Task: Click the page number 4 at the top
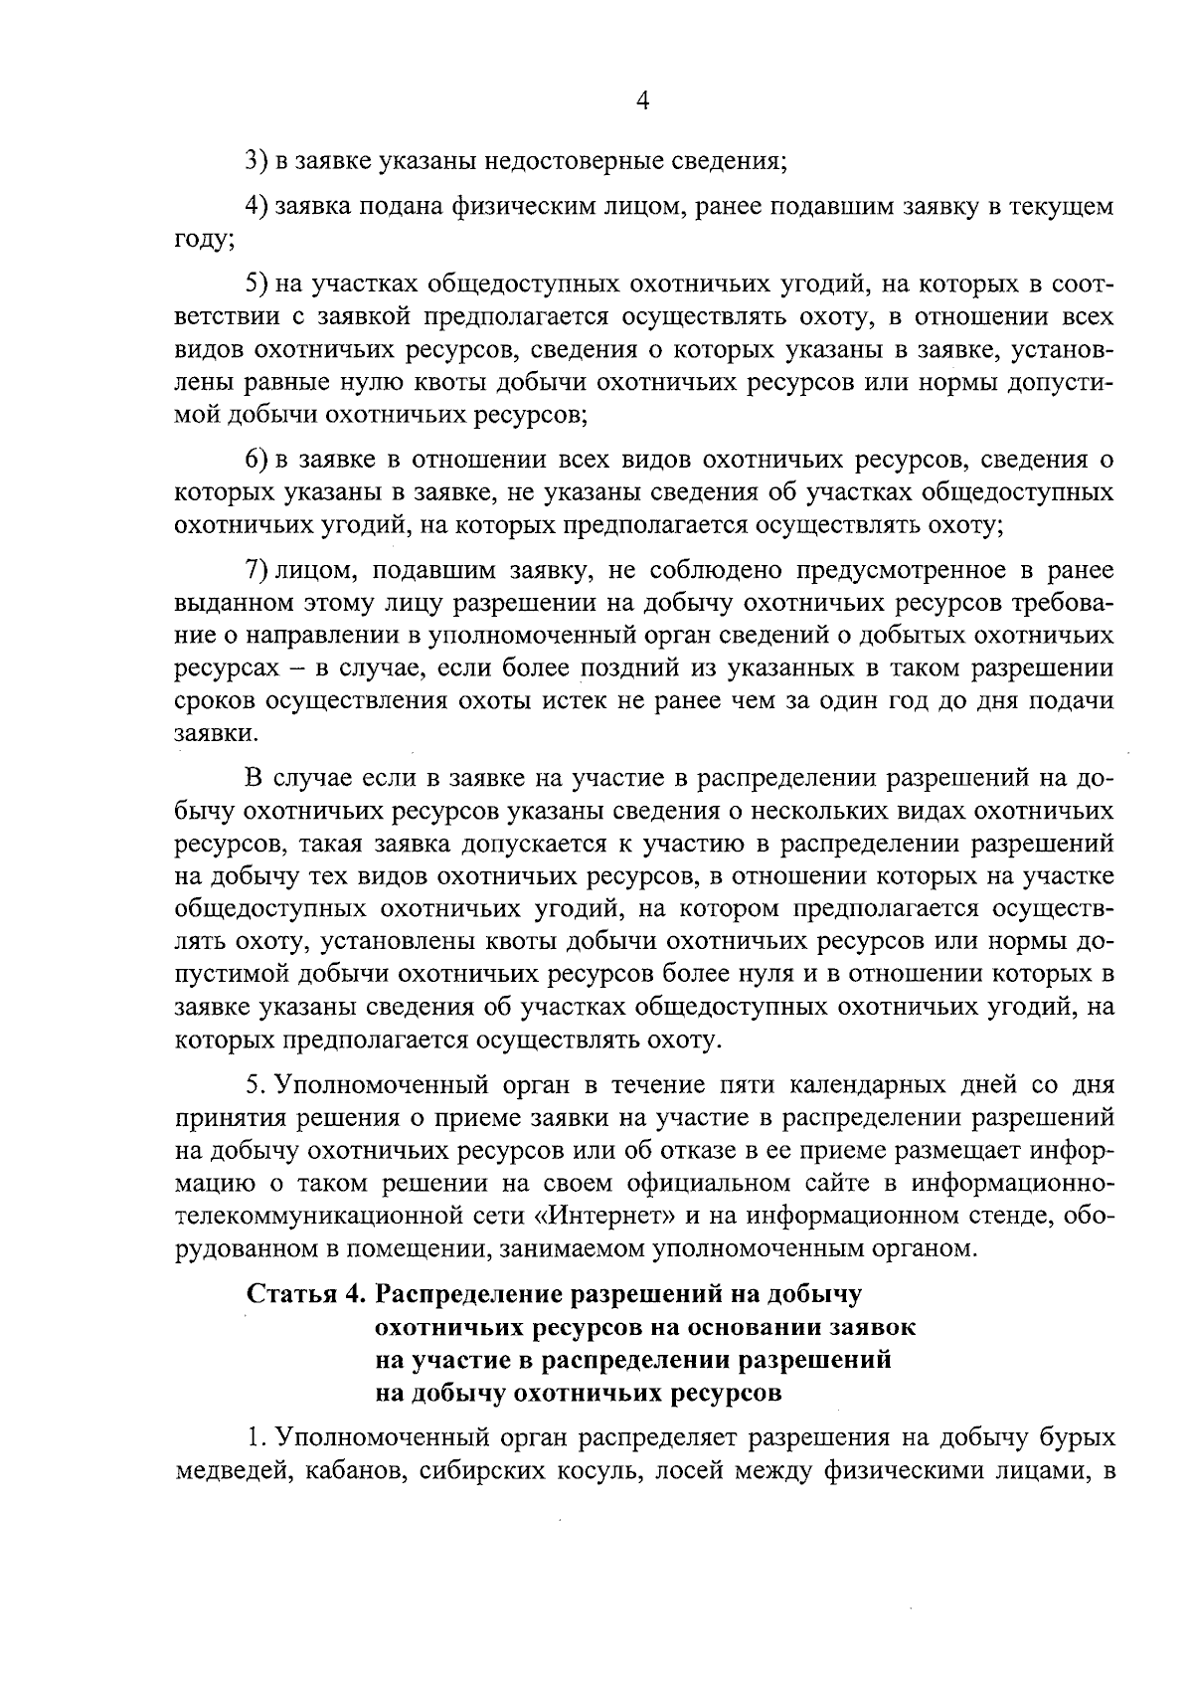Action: pos(641,101)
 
